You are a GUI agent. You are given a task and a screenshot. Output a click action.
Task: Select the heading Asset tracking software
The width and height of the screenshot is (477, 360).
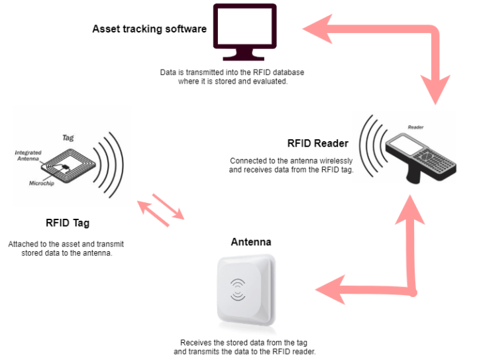pyautogui.click(x=149, y=29)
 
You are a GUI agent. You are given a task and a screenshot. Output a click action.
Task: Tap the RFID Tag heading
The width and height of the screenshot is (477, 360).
pyautogui.click(x=68, y=223)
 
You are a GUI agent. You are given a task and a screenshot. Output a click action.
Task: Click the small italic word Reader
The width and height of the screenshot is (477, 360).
pyautogui.click(x=415, y=126)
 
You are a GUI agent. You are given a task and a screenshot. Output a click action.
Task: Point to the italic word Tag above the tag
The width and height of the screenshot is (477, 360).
pyautogui.click(x=68, y=138)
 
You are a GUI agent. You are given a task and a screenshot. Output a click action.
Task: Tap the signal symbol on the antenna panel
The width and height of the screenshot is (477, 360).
pyautogui.click(x=237, y=289)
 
